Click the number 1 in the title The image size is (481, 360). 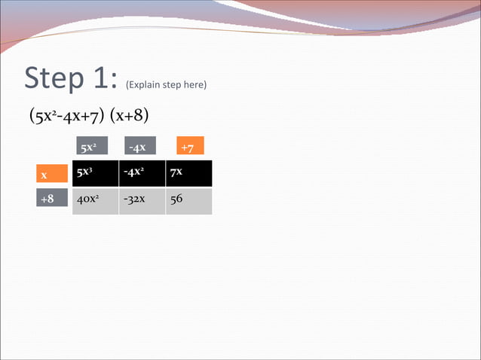(x=102, y=78)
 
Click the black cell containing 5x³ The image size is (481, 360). (x=95, y=173)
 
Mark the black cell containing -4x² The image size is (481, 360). (x=142, y=173)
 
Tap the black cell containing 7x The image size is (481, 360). (x=188, y=173)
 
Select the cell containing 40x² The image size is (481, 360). (x=95, y=201)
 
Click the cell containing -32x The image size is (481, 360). (x=142, y=201)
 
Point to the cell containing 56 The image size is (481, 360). (x=188, y=201)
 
